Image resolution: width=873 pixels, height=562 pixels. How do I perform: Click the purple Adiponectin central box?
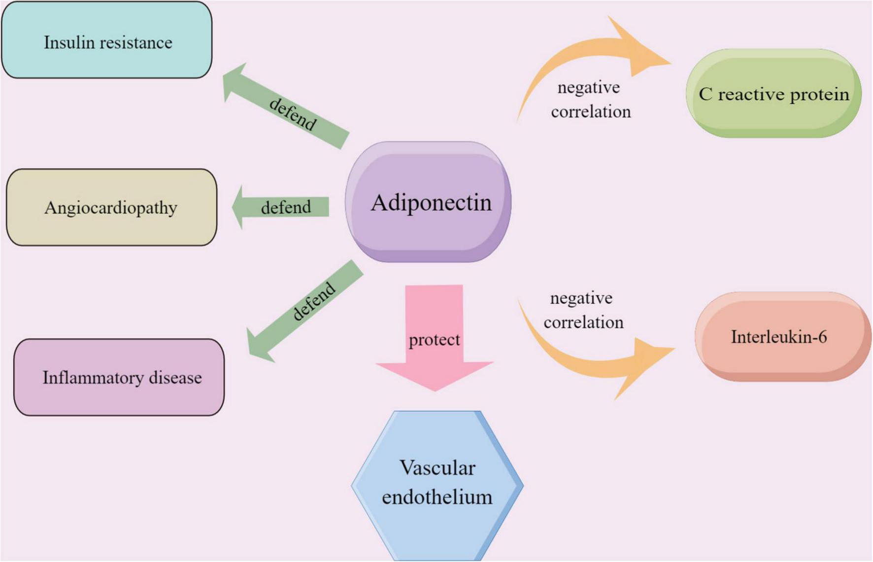point(428,202)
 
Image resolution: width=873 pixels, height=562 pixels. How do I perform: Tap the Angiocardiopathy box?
point(111,207)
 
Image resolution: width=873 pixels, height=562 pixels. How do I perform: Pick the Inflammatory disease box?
point(119,377)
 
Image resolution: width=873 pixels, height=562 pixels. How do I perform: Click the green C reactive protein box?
point(773,94)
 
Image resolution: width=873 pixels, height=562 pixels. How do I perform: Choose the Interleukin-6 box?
point(782,337)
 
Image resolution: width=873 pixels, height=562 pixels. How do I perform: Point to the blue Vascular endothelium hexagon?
point(437,486)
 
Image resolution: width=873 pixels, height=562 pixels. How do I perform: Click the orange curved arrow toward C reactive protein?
point(591,54)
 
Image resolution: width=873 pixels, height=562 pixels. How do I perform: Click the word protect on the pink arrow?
point(435,340)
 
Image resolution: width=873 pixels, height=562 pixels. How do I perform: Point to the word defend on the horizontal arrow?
point(286,208)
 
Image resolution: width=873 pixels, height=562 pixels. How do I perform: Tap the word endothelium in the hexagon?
point(437,496)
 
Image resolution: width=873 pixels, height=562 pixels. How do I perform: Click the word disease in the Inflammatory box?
point(175,378)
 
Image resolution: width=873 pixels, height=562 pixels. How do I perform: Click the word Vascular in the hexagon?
point(437,468)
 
